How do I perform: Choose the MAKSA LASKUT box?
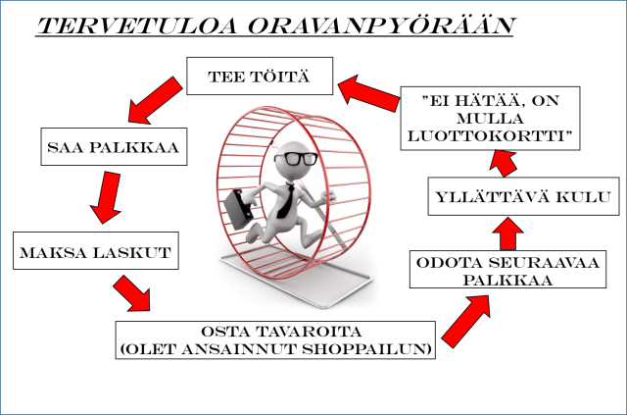[94, 253]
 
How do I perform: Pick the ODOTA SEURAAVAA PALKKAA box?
[491, 270]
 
